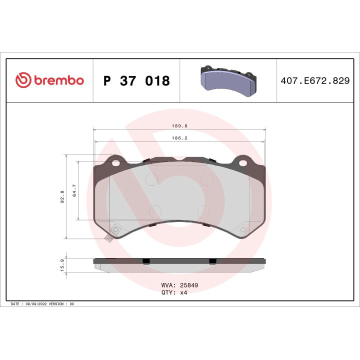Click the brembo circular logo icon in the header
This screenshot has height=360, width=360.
tap(23, 80)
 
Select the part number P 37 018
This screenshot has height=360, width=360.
tap(136, 80)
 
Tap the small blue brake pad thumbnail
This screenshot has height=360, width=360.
tap(227, 80)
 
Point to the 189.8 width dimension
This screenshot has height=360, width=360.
tap(180, 126)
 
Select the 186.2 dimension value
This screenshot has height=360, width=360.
tap(180, 138)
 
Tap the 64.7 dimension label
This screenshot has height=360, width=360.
tap(74, 191)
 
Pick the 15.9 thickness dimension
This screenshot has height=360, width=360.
tap(62, 265)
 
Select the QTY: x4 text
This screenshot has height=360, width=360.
tap(174, 293)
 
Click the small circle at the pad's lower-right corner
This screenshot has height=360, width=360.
tap(243, 230)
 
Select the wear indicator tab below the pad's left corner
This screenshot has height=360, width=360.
tap(107, 239)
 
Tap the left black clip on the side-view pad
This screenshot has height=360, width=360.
tap(146, 261)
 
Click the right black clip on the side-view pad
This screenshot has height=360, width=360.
tap(212, 261)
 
